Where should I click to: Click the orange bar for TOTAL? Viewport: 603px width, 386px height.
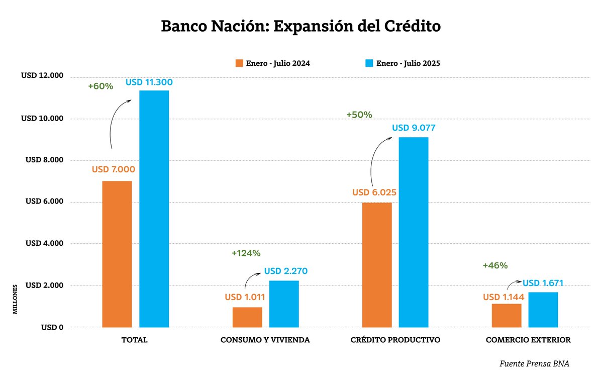tap(117, 254)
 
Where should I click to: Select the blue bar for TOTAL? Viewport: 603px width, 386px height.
tap(154, 209)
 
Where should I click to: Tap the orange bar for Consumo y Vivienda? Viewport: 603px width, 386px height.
tap(247, 317)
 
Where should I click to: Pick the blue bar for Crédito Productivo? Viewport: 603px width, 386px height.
tap(414, 232)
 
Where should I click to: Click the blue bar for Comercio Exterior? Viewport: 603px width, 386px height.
tap(543, 310)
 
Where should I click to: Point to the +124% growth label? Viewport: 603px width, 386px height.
tap(246, 253)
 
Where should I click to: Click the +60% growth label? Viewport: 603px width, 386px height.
tap(100, 86)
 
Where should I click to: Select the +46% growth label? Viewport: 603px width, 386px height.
tap(495, 265)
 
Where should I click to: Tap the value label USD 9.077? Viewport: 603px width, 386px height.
tap(414, 128)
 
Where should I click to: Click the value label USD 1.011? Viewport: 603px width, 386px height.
tap(245, 297)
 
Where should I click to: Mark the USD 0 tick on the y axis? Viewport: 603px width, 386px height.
tap(52, 327)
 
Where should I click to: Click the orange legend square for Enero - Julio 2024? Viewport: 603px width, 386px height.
tap(239, 63)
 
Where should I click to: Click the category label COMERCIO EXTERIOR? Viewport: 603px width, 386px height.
tap(528, 340)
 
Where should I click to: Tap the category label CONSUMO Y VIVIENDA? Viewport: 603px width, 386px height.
tap(265, 340)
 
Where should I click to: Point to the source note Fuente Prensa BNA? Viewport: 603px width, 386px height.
tap(535, 363)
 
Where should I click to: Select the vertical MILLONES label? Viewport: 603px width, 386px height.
tap(15, 300)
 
